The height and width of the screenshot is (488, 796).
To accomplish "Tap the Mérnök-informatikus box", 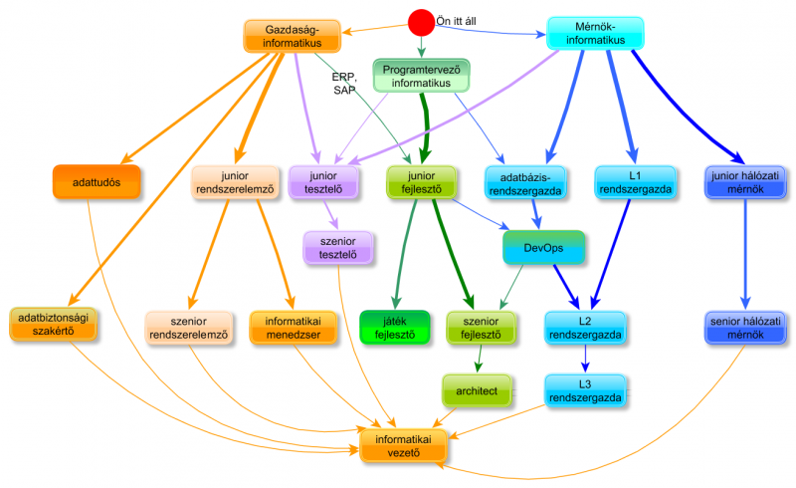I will tap(595, 33).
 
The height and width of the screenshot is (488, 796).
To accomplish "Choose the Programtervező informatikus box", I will tap(421, 77).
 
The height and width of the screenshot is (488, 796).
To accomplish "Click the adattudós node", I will tap(96, 183).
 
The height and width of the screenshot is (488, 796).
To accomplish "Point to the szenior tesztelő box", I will tap(337, 248).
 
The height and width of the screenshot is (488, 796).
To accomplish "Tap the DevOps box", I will tap(542, 246).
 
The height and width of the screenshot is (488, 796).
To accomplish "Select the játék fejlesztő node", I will tap(395, 327).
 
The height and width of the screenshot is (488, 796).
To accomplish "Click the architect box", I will tap(478, 389).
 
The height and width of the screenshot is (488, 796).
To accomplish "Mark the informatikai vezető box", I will tap(397, 446).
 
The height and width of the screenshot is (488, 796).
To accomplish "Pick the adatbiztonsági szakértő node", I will tap(56, 325).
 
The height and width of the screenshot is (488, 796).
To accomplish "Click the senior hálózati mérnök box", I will tap(746, 327).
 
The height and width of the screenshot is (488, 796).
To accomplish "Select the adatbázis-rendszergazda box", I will tap(525, 182).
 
